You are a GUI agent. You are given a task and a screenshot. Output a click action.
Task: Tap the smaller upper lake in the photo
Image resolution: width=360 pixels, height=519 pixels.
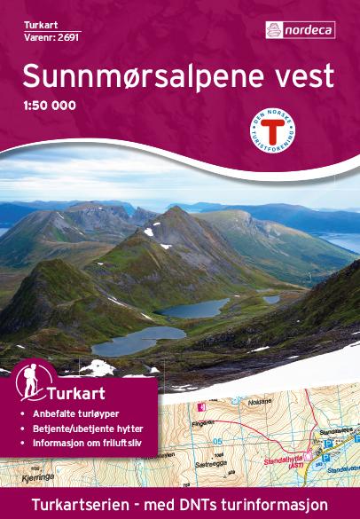(194, 308)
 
